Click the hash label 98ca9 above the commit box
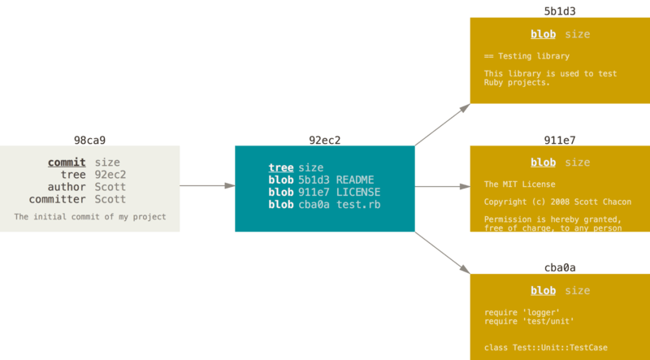click(89, 140)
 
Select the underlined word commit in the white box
click(67, 163)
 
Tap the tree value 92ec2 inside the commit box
click(110, 175)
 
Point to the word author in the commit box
click(66, 187)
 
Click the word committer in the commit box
click(58, 199)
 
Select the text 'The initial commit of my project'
click(89, 217)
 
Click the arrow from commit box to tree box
click(207, 186)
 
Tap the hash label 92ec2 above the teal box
click(324, 140)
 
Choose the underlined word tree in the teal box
click(281, 167)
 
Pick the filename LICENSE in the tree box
click(358, 192)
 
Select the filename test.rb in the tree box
click(358, 204)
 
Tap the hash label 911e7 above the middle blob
click(560, 140)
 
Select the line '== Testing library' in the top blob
click(526, 56)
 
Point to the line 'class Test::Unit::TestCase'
click(545, 348)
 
